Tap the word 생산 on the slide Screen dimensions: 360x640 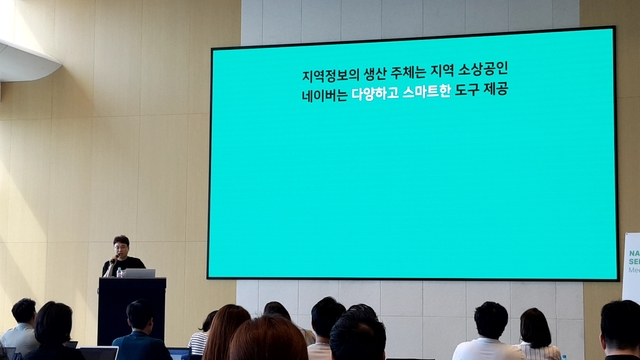377,77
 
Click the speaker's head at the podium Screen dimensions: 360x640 121,245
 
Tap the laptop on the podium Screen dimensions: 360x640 138,273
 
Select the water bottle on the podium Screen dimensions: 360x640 120,272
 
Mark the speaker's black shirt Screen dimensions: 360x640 126,264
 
